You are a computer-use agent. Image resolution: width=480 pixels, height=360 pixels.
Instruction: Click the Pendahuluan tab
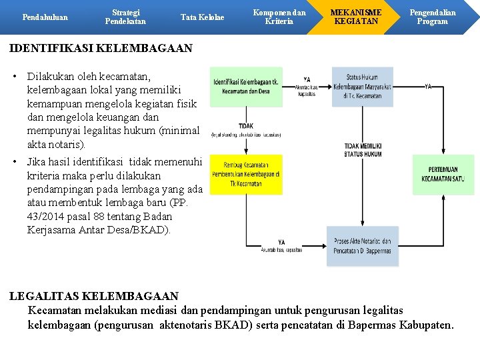(45, 17)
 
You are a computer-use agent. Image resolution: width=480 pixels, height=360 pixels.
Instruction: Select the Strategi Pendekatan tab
(125, 17)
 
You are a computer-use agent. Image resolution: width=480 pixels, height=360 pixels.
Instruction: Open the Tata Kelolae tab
(202, 17)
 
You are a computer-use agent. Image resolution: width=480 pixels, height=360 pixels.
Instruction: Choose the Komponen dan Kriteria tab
(280, 17)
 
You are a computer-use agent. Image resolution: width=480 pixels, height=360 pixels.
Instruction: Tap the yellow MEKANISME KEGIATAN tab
(356, 17)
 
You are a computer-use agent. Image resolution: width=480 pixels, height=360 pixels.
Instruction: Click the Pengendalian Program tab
(432, 17)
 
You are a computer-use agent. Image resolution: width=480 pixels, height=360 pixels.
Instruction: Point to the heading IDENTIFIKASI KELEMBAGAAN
(101, 49)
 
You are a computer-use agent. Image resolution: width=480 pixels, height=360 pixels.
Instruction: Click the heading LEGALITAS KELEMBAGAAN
(94, 295)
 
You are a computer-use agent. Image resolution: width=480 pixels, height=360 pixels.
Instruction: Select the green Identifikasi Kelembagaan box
(246, 87)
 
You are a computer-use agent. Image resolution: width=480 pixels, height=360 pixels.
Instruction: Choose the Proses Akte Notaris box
(362, 246)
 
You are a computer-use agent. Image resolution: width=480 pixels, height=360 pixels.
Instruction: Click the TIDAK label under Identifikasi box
(245, 125)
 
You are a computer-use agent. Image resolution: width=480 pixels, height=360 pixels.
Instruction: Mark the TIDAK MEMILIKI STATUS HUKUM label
(363, 150)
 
